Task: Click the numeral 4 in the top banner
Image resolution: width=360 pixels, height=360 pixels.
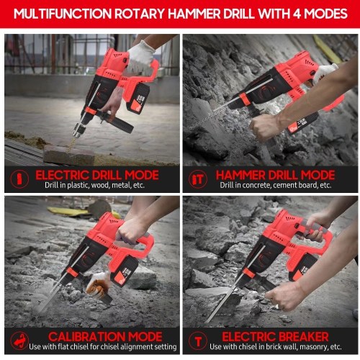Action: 297,14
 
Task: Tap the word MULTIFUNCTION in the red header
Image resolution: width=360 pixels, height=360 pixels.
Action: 63,14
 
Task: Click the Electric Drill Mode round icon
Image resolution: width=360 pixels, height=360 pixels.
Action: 19,179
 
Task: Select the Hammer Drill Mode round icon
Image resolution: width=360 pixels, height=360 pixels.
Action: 198,179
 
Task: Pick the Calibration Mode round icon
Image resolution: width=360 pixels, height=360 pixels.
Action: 19,341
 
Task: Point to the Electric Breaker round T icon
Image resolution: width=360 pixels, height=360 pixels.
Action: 198,341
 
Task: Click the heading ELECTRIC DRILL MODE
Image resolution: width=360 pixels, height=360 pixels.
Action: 97,175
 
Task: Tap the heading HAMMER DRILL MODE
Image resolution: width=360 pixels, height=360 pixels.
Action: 275,175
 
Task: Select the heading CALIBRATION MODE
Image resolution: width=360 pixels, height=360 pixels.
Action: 105,336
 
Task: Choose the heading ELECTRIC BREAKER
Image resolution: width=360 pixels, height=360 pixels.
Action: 275,336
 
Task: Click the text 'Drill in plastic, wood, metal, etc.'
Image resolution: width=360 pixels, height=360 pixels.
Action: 94,185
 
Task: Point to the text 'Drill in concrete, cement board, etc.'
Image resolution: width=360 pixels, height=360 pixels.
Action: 276,185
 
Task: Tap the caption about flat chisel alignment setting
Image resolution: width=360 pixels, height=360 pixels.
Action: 103,346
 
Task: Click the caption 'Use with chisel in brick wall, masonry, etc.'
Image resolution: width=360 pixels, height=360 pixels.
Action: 276,346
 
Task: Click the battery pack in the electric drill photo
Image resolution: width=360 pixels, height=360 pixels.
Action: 138,98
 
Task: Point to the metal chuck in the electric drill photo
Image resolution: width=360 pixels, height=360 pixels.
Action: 81,130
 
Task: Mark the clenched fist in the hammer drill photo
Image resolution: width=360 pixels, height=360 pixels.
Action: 264,126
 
